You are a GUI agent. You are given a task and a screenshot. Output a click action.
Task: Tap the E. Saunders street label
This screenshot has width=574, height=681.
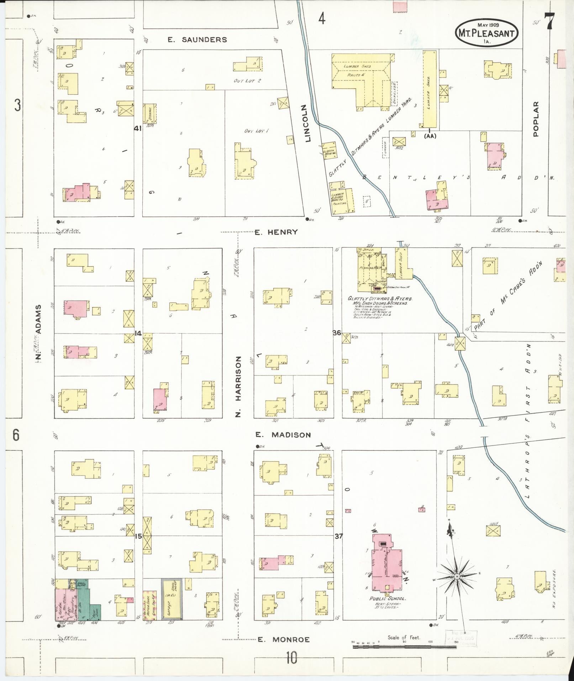pyautogui.click(x=197, y=40)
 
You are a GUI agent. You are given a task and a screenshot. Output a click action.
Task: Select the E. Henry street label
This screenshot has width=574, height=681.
pyautogui.click(x=276, y=232)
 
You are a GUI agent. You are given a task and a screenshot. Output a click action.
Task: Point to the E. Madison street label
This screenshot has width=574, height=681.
pyautogui.click(x=283, y=435)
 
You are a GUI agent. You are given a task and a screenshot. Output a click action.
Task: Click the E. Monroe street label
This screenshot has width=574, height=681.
pyautogui.click(x=283, y=639)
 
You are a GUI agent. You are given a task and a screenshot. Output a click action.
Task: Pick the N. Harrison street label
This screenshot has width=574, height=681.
pyautogui.click(x=238, y=386)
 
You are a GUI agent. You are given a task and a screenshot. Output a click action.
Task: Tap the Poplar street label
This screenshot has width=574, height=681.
pyautogui.click(x=536, y=119)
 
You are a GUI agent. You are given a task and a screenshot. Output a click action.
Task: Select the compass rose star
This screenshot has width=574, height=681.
pyautogui.click(x=456, y=576)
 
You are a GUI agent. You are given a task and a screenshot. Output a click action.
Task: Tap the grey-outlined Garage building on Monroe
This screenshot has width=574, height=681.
pyautogui.click(x=172, y=599)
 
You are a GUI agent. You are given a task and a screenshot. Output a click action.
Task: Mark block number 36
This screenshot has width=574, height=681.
pyautogui.click(x=337, y=333)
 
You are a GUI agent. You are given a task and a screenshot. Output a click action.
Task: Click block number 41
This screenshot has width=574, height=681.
pyautogui.click(x=138, y=129)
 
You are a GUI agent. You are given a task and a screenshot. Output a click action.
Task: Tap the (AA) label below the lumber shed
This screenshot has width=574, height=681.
pyautogui.click(x=430, y=136)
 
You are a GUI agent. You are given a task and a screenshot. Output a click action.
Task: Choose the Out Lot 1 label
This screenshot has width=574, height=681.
pyautogui.click(x=256, y=131)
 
